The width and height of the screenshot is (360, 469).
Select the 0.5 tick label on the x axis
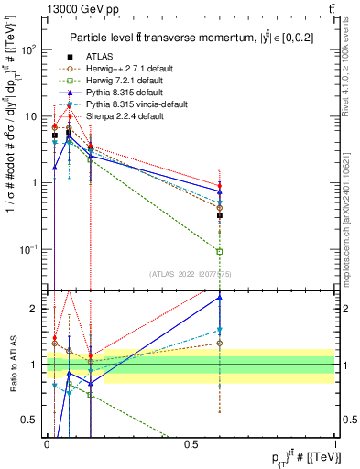click(x=191, y=444)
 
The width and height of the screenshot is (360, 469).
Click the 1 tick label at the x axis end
click(x=335, y=444)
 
